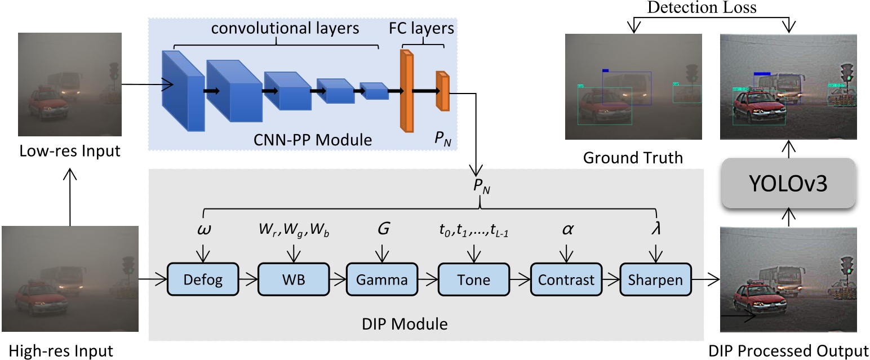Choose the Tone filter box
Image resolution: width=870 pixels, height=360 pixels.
473,279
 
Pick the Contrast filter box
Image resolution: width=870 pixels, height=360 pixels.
565,279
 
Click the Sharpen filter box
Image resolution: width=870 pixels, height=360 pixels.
655,279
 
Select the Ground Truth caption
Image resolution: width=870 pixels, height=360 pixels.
633,157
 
